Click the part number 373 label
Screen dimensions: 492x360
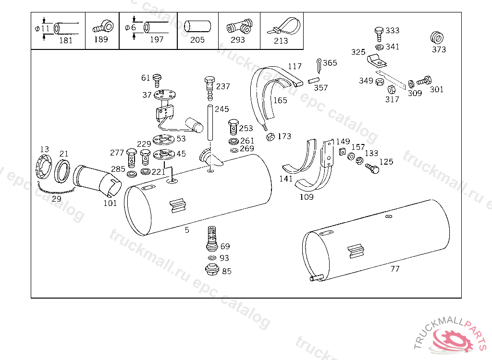[439, 49]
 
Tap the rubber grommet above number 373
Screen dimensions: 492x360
[437, 37]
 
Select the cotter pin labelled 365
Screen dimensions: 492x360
[319, 66]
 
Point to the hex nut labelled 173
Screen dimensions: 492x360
[270, 137]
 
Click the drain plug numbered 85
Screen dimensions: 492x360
[212, 270]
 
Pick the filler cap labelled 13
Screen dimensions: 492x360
[44, 167]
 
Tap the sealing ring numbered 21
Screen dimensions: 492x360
[62, 171]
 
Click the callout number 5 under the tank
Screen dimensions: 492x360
[187, 230]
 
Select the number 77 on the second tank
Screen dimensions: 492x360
[395, 269]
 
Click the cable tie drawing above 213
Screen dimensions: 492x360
[284, 26]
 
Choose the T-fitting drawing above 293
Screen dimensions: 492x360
[240, 26]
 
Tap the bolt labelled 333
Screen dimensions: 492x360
[379, 34]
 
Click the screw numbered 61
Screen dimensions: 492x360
[157, 81]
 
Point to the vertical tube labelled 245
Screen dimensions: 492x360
[209, 123]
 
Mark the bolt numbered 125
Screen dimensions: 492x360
[372, 168]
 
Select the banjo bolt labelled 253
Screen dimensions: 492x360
[233, 127]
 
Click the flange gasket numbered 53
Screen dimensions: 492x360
[163, 139]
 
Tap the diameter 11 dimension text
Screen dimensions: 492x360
[42, 28]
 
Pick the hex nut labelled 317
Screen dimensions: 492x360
[392, 90]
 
